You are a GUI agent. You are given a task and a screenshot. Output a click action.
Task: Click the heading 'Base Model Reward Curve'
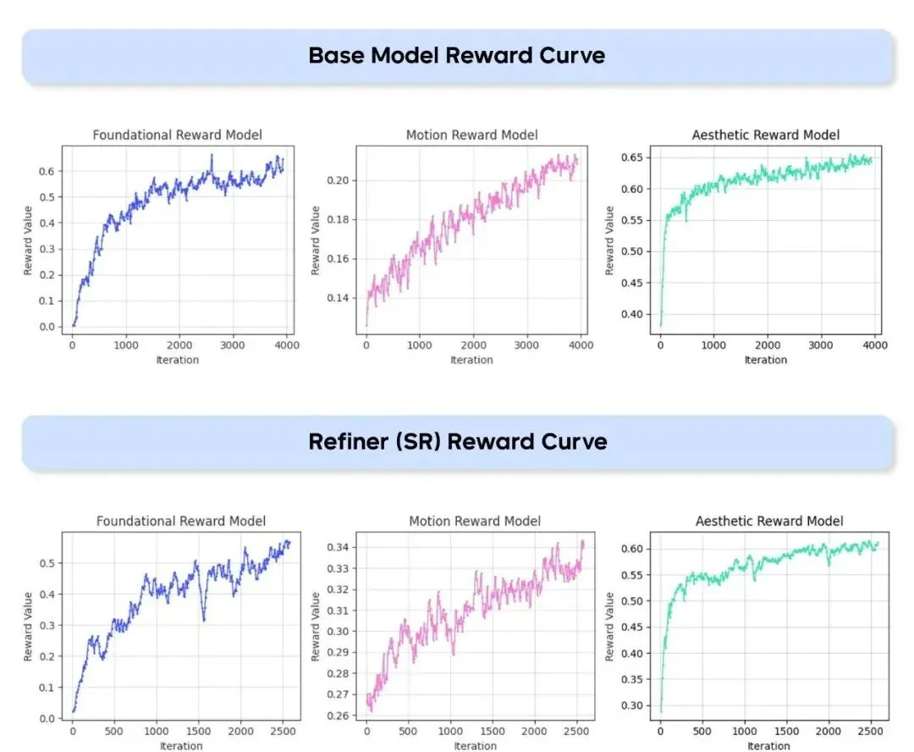[x=457, y=56]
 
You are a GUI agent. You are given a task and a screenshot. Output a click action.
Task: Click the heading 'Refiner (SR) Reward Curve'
[x=457, y=441]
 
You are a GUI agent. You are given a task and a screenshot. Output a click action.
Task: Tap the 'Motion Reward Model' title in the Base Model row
[x=471, y=135]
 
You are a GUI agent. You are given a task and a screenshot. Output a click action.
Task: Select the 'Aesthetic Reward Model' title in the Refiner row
[x=769, y=522]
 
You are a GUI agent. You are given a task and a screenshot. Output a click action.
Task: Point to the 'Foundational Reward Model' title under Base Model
[x=177, y=135]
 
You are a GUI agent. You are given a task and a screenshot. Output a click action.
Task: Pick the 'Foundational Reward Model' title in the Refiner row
[x=180, y=522]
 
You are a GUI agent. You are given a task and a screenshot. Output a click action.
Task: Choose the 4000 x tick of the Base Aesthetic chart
[x=875, y=346]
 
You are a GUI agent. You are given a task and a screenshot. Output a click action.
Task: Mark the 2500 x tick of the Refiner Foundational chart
[x=282, y=732]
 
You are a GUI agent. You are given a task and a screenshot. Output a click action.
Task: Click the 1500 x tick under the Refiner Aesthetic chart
[x=787, y=732]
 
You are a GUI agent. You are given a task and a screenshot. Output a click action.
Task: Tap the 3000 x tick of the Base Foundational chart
[x=232, y=346]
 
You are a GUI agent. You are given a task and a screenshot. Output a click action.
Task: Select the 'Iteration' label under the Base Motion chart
[x=471, y=360]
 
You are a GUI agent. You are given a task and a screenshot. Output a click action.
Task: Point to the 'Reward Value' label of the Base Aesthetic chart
[x=609, y=241]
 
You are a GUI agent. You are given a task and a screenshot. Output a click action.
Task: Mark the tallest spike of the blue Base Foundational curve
[x=212, y=155]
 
